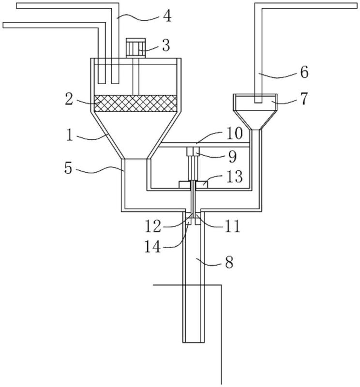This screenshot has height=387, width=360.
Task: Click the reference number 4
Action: pyautogui.click(x=167, y=16)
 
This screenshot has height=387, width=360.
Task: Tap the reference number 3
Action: pyautogui.click(x=166, y=45)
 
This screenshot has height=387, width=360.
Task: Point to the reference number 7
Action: pyautogui.click(x=304, y=99)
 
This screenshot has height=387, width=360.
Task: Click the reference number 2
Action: pyautogui.click(x=69, y=100)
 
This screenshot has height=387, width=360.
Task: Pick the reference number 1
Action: pyautogui.click(x=70, y=135)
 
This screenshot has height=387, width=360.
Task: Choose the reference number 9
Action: pyautogui.click(x=232, y=156)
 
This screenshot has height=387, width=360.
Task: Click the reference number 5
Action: pyautogui.click(x=68, y=168)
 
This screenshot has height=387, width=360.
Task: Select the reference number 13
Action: pyautogui.click(x=234, y=177)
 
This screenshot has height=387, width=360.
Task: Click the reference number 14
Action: pyautogui.click(x=152, y=246)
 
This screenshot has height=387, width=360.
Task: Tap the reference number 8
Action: pyautogui.click(x=229, y=262)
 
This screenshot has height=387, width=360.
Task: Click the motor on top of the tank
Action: pyautogui.click(x=135, y=48)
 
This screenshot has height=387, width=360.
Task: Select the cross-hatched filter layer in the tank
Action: pyautogui.click(x=135, y=104)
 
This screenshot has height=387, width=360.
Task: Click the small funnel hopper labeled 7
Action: pyautogui.click(x=255, y=112)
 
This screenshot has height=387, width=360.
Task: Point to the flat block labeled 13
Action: pyautogui.click(x=193, y=184)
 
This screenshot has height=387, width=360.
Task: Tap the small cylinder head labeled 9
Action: pyautogui.click(x=193, y=151)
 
